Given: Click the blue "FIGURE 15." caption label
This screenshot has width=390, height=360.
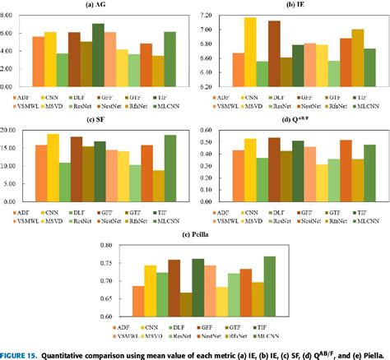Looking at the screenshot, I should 21,354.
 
